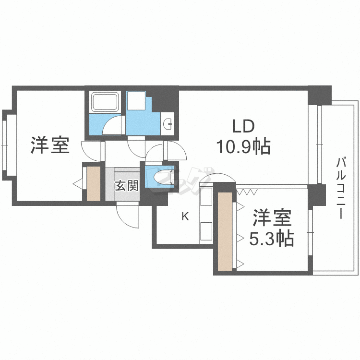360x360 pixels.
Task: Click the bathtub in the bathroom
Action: coord(105,102)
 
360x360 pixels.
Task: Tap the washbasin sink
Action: coord(168,124)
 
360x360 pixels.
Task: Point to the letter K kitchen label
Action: coord(185,216)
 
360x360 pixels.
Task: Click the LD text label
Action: coord(243,127)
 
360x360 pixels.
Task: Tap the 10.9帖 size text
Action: coord(243,146)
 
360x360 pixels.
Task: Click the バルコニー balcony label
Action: coord(341,188)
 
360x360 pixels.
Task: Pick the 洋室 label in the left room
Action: coord(50,145)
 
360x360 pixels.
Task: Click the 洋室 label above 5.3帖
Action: coord(272,217)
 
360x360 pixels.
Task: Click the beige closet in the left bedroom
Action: coord(94,184)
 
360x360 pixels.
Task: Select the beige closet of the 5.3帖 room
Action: coord(225,231)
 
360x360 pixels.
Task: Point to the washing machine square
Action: coord(137,101)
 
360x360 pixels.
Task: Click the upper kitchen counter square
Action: coord(206,196)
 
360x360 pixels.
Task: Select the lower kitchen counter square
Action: coord(206,231)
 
